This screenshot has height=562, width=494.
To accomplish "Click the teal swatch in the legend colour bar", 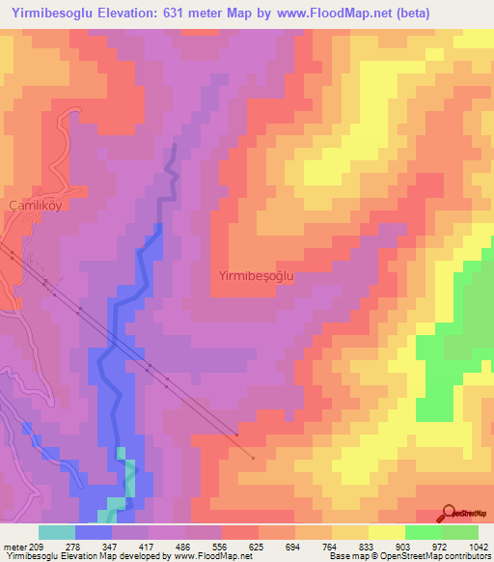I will [57, 532].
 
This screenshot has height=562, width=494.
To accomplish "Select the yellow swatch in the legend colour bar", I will [387, 532].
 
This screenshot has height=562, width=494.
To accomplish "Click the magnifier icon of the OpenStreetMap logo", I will [449, 513].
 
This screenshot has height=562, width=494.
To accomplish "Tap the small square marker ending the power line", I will [253, 459].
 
